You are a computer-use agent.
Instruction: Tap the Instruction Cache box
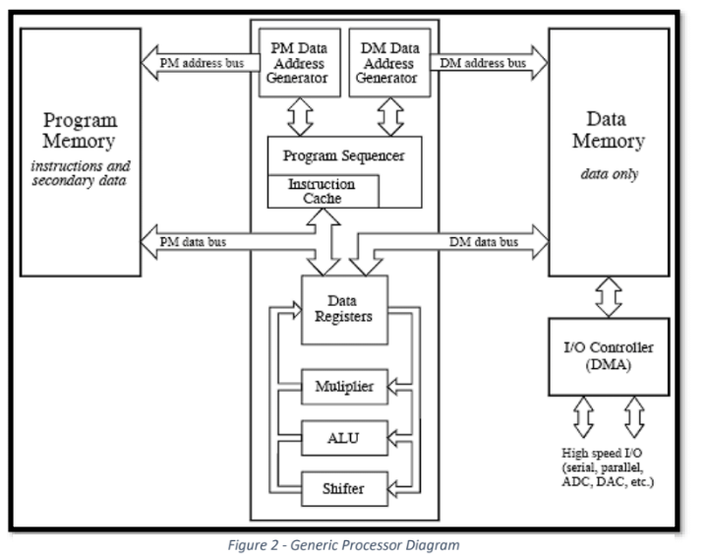click(322, 191)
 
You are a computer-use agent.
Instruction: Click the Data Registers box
click(343, 309)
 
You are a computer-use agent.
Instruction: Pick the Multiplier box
click(343, 387)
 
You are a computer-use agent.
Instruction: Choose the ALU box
click(343, 437)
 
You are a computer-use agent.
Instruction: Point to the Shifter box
click(343, 487)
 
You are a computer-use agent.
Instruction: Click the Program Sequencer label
click(343, 156)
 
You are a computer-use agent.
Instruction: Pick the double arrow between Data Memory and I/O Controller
click(609, 294)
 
